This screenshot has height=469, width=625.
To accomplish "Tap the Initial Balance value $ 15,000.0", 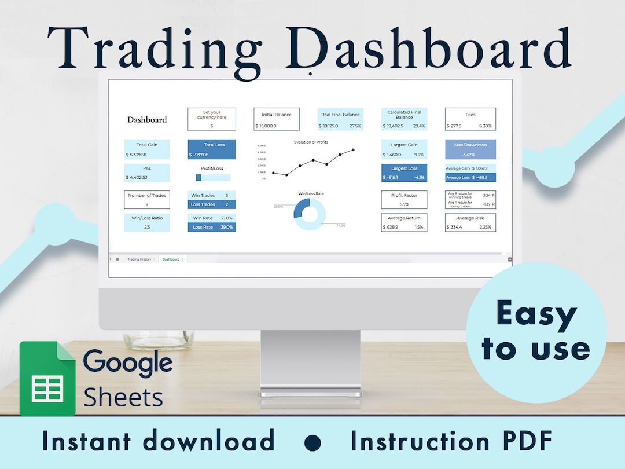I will point(266,126).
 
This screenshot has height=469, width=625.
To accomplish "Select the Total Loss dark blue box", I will point(212,149).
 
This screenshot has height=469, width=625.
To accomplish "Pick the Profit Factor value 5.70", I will point(404,204).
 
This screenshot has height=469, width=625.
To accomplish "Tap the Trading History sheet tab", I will point(139,259).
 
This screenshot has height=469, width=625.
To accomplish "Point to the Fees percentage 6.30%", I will point(485,126).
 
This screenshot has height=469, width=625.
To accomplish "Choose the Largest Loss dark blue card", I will point(404,173).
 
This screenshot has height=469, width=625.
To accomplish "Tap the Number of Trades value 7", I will point(147,204).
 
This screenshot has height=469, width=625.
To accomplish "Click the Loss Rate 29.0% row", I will point(212,227).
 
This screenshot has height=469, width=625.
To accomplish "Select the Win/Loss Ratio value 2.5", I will point(147,227).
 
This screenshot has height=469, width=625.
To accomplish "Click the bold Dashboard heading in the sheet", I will point(147,120).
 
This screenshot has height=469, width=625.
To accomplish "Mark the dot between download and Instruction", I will point(312,442).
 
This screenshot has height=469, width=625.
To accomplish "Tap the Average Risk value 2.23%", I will point(485,227).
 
